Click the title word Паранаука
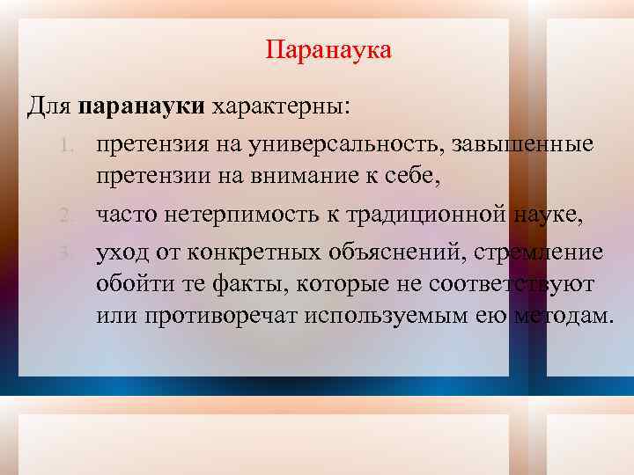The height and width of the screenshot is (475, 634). (328, 49)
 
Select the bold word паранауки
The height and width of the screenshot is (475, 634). (142, 106)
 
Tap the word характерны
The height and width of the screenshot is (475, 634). (278, 106)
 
